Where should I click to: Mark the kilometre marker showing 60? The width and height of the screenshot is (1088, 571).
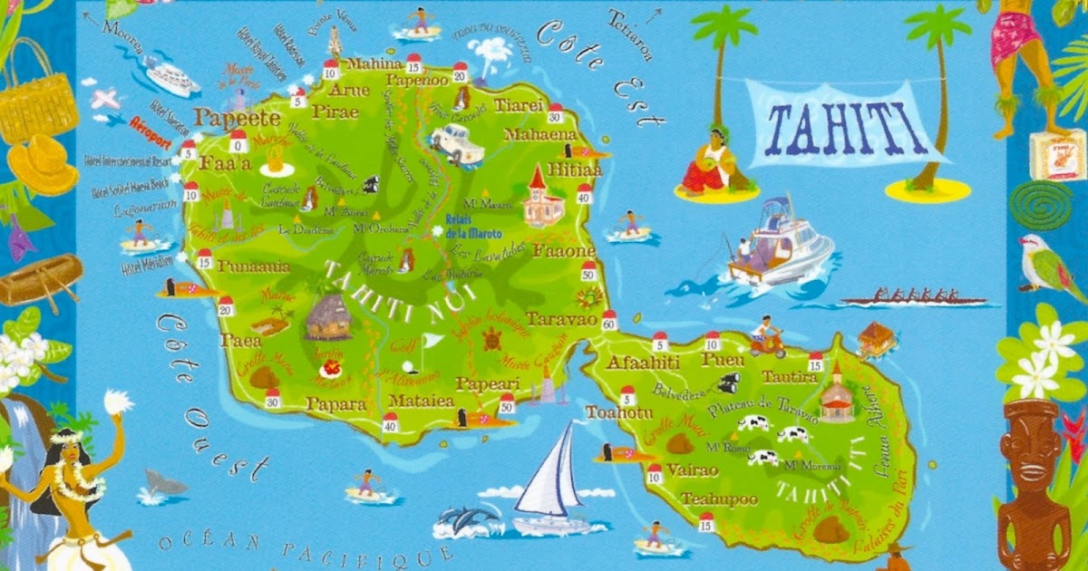608,320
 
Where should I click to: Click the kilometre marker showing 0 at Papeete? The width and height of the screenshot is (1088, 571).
238,141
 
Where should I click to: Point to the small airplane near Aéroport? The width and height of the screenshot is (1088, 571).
105,99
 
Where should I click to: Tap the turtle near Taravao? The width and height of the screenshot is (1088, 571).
492,340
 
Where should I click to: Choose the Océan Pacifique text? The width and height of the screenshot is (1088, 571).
304,549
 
